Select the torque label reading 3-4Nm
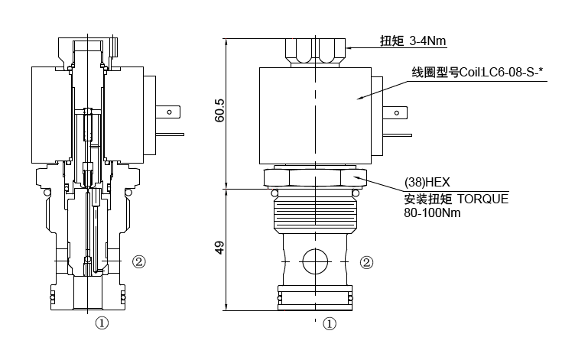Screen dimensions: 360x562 [x=411, y=41]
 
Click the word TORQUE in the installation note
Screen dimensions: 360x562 [x=482, y=199]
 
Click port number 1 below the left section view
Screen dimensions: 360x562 [x=101, y=323]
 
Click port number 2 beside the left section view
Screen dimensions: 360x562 [x=138, y=261]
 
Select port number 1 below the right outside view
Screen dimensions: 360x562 [x=329, y=323]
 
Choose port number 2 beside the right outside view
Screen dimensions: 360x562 [x=367, y=262]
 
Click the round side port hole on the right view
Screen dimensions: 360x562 [x=314, y=261]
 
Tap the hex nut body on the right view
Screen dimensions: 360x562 [x=313, y=178]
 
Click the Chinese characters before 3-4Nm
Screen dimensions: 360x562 [x=391, y=41]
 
